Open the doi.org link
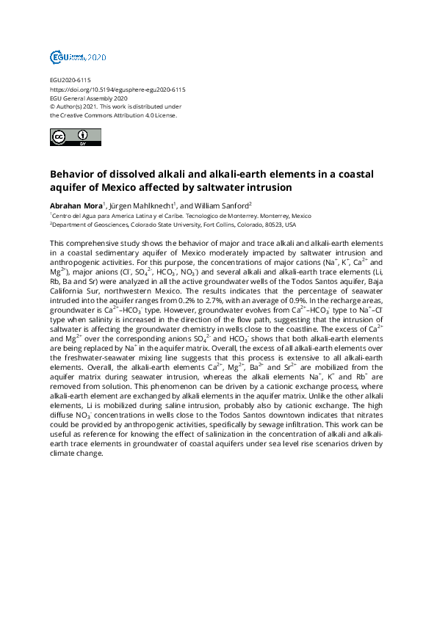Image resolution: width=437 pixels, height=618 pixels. (118, 89)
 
